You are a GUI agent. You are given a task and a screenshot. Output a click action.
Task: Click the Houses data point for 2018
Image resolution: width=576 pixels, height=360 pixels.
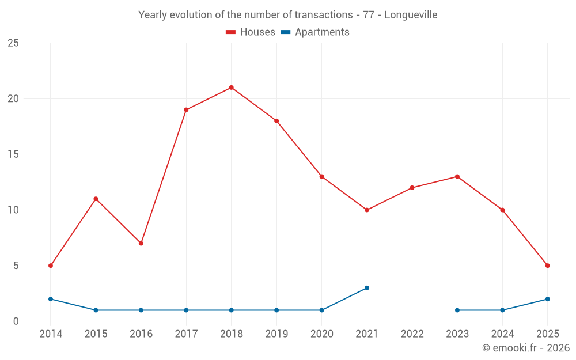click(231, 88)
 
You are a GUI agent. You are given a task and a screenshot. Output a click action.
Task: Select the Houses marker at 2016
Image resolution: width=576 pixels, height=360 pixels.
click(141, 243)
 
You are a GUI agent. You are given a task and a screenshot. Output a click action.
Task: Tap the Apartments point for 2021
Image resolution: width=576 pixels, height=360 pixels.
click(367, 288)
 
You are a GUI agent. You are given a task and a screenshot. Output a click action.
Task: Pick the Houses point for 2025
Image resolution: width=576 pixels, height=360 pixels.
click(547, 266)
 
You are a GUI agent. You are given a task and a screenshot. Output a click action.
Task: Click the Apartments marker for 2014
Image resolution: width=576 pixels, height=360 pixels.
click(51, 299)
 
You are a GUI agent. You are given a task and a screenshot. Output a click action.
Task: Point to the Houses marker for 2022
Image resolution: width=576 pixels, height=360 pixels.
click(412, 188)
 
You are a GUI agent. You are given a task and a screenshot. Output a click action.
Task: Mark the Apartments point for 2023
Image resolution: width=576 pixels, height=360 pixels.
click(457, 310)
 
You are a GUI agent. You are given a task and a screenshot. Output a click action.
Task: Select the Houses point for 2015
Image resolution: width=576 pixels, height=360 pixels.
click(96, 199)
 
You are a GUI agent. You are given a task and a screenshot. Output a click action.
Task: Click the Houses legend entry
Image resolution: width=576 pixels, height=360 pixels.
click(251, 32)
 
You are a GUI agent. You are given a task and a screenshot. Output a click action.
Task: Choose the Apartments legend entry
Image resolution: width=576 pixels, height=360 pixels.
click(315, 32)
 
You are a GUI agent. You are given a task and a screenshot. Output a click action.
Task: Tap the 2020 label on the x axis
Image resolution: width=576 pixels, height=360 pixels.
click(321, 334)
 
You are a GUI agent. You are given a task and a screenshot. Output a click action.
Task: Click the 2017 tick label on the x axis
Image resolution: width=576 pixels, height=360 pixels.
click(186, 334)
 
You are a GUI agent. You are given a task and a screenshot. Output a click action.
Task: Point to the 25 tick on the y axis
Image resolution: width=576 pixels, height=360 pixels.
click(13, 43)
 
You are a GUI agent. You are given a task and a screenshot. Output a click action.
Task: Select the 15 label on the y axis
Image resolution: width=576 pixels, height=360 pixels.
click(13, 154)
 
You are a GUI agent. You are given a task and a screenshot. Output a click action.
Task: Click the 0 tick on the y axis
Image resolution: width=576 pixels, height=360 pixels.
click(16, 321)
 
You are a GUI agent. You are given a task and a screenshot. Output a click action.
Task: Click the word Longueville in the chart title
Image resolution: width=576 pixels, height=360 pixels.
click(411, 15)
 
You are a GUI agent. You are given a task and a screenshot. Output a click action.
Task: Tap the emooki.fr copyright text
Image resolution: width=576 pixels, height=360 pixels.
click(526, 348)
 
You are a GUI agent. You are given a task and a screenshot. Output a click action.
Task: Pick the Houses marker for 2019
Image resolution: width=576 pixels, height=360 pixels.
click(276, 121)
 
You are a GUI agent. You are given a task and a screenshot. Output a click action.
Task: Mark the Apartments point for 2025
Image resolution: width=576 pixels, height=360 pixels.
click(547, 299)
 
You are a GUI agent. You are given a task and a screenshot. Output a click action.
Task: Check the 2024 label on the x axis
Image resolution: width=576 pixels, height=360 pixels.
click(502, 334)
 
